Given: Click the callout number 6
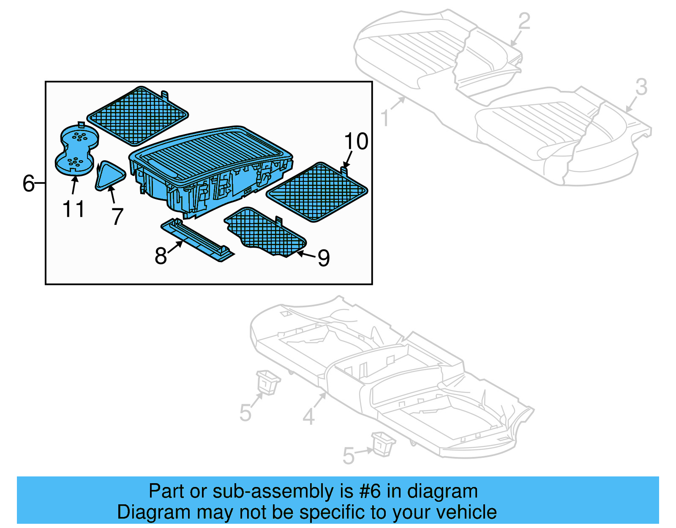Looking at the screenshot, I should click(x=28, y=183).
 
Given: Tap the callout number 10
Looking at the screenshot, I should click(x=356, y=141).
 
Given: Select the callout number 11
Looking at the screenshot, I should click(x=74, y=209).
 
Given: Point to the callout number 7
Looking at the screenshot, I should click(x=117, y=216).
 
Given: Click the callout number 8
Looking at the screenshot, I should click(x=161, y=256).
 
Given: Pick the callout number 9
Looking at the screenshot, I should click(x=323, y=258).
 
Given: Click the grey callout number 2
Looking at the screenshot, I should click(x=524, y=21).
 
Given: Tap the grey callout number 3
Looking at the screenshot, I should click(x=641, y=88).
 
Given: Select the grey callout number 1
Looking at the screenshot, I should click(x=384, y=118).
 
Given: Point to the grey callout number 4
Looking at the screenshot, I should click(x=308, y=417).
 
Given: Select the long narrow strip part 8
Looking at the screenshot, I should click(x=198, y=240).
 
